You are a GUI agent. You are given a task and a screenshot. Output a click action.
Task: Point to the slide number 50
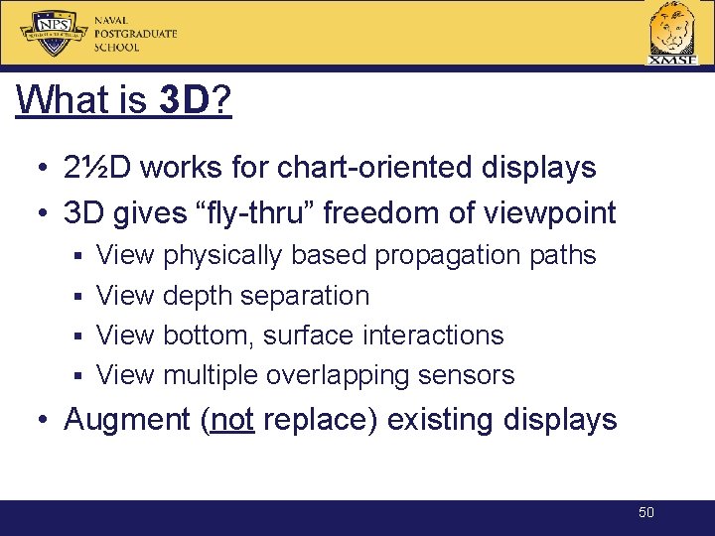coord(646,512)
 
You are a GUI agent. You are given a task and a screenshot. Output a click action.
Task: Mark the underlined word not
coord(233,420)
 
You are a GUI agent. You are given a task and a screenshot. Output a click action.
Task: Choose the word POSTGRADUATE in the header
coord(135,34)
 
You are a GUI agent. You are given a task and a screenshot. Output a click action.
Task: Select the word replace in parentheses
coord(317,420)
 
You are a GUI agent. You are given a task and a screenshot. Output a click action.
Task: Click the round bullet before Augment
coord(46,420)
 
